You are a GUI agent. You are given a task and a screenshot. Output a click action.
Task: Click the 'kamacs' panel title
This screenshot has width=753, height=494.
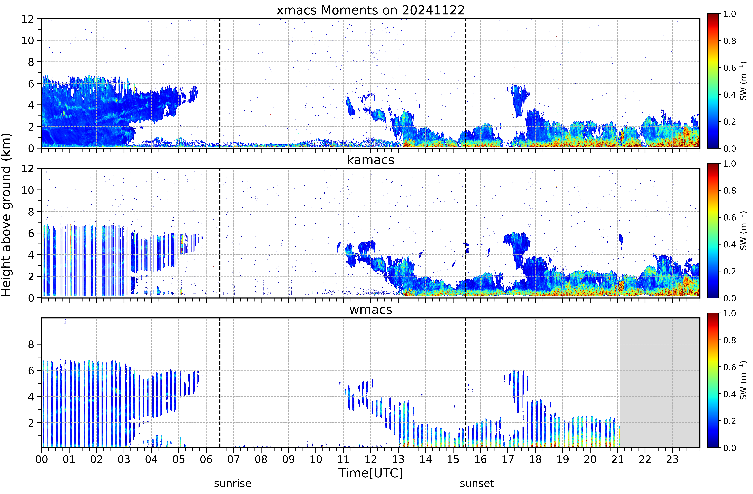click(x=371, y=160)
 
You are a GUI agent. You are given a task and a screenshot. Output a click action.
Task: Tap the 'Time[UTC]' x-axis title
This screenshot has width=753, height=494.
click(x=371, y=473)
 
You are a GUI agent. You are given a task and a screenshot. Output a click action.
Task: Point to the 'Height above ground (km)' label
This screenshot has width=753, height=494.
click(x=6, y=215)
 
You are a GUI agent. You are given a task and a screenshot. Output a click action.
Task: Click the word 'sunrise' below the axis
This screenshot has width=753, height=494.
click(x=233, y=484)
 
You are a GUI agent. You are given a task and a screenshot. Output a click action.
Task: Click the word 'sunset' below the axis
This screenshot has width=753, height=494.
click(x=477, y=484)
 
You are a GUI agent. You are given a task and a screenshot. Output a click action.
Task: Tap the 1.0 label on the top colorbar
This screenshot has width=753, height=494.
click(x=729, y=14)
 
